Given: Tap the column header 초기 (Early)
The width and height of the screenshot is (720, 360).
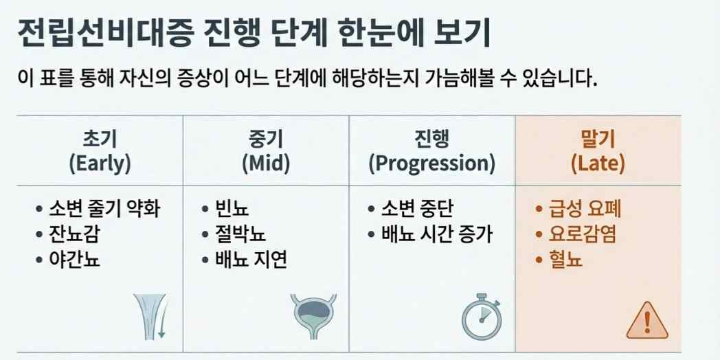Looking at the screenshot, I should coord(100,151).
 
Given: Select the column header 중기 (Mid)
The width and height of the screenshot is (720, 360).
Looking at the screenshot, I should coord(265,151).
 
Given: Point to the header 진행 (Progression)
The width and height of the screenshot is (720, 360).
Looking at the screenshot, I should coord(431,151).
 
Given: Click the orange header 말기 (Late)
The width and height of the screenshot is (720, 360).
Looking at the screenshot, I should coord(598,151).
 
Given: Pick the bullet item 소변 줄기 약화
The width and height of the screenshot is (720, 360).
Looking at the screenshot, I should coord(104,208).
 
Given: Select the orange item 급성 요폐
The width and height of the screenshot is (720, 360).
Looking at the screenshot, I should coord(585,208).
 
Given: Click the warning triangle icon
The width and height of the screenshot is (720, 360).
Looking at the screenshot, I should coord(647,319).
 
